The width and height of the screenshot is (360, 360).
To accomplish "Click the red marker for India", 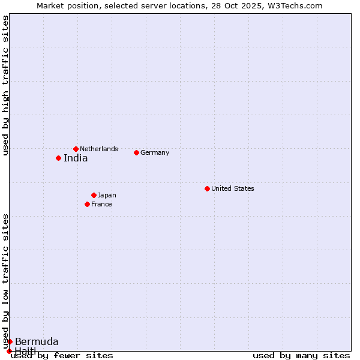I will (x=58, y=158).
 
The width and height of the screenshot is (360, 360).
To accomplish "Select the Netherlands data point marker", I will (x=76, y=149).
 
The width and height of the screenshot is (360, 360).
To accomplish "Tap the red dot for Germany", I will (x=136, y=152).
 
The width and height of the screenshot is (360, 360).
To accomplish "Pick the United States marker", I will (x=207, y=188).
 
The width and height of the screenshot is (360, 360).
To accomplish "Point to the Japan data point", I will (x=94, y=195).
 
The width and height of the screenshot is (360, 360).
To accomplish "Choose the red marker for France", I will (x=87, y=204).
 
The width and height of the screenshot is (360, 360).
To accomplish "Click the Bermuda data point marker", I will (x=10, y=341).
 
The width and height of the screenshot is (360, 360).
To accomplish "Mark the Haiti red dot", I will (x=9, y=351).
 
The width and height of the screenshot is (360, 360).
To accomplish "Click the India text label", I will (x=76, y=158).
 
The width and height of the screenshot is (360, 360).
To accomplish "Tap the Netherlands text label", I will (x=99, y=149).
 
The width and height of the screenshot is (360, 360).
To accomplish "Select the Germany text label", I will (x=155, y=152).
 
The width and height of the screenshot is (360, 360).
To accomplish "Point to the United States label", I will (x=233, y=188).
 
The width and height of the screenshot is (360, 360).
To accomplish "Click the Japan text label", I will (x=107, y=195).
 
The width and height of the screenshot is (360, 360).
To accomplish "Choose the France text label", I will (x=101, y=204).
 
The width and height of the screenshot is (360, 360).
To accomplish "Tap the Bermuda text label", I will (x=37, y=342).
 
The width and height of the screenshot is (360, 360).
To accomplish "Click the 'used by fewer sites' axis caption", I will (x=62, y=355).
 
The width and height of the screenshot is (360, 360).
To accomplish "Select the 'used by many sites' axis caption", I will (x=301, y=355).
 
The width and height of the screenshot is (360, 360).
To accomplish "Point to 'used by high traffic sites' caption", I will (x=5, y=85).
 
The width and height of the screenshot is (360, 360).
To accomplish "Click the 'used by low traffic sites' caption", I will (x=5, y=281).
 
